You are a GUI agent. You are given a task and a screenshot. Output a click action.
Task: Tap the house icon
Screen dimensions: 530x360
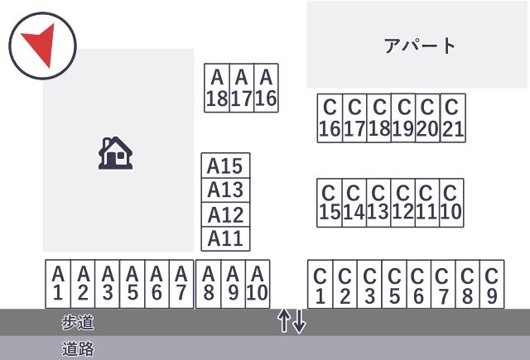[115, 153]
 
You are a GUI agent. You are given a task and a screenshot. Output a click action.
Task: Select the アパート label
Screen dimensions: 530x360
[420, 46]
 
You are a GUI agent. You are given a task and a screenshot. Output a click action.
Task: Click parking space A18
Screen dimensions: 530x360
[217, 88]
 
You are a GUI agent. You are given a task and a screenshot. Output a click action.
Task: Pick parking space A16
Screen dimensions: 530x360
[266, 88]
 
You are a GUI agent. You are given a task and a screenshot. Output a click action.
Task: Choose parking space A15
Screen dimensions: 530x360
[225, 166]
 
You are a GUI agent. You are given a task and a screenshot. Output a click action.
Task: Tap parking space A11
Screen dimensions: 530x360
[225, 239]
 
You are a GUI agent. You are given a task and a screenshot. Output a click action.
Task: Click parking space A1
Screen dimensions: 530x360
[58, 284]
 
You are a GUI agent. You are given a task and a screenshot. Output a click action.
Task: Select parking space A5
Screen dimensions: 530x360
[132, 284]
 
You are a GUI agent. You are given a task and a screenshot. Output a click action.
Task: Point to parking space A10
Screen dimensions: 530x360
[258, 284]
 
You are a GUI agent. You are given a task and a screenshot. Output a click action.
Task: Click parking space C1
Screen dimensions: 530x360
[320, 285]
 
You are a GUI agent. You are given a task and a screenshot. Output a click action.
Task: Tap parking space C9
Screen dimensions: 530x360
[492, 285]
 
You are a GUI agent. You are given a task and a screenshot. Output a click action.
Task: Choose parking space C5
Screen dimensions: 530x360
[394, 285]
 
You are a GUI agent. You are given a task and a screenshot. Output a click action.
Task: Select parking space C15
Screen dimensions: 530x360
[330, 203]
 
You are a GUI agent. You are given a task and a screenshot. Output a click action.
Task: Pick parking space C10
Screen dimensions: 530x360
[451, 203]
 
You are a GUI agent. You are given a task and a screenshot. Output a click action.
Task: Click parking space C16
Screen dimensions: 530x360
[330, 118]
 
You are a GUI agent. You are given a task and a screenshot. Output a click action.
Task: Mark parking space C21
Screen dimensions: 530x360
[453, 118]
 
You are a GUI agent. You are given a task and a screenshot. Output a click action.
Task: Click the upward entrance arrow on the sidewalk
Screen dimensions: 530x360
[284, 321]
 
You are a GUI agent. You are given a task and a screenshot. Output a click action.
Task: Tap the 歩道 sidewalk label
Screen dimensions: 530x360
[78, 322]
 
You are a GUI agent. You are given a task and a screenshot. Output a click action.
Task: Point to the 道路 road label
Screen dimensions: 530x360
[78, 348]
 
